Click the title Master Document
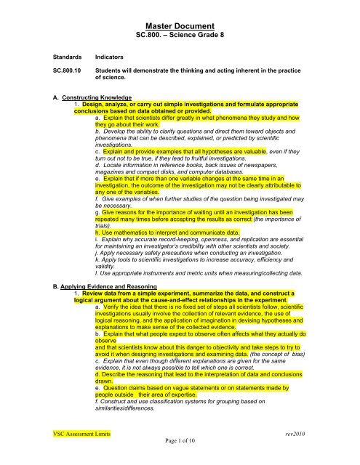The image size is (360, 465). (x=179, y=24)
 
